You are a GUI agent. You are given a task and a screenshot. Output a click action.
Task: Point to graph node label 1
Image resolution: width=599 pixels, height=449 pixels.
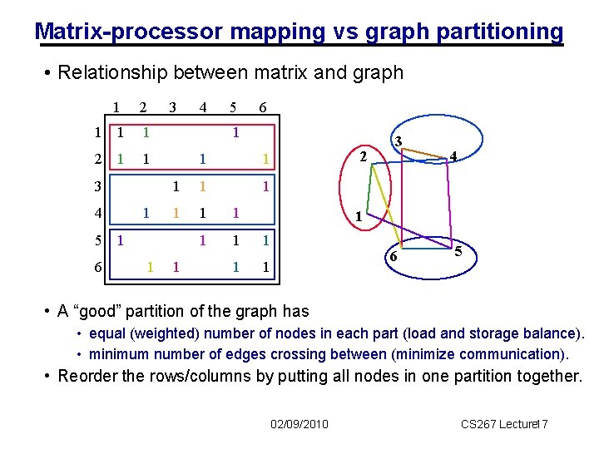pos(358,217)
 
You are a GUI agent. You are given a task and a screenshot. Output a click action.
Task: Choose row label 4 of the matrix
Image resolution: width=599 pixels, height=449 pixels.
pos(98,214)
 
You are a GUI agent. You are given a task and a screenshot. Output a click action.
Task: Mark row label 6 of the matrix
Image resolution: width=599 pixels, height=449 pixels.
pos(98,268)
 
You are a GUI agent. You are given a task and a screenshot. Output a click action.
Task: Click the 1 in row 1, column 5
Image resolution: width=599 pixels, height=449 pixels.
pos(236,132)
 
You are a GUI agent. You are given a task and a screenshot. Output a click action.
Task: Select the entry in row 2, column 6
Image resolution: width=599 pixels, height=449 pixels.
pos(264,160)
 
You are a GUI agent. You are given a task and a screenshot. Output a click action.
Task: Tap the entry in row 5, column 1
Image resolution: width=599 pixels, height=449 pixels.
pos(121,241)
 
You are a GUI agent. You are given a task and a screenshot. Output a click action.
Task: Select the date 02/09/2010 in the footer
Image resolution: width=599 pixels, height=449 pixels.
pos(299,425)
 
